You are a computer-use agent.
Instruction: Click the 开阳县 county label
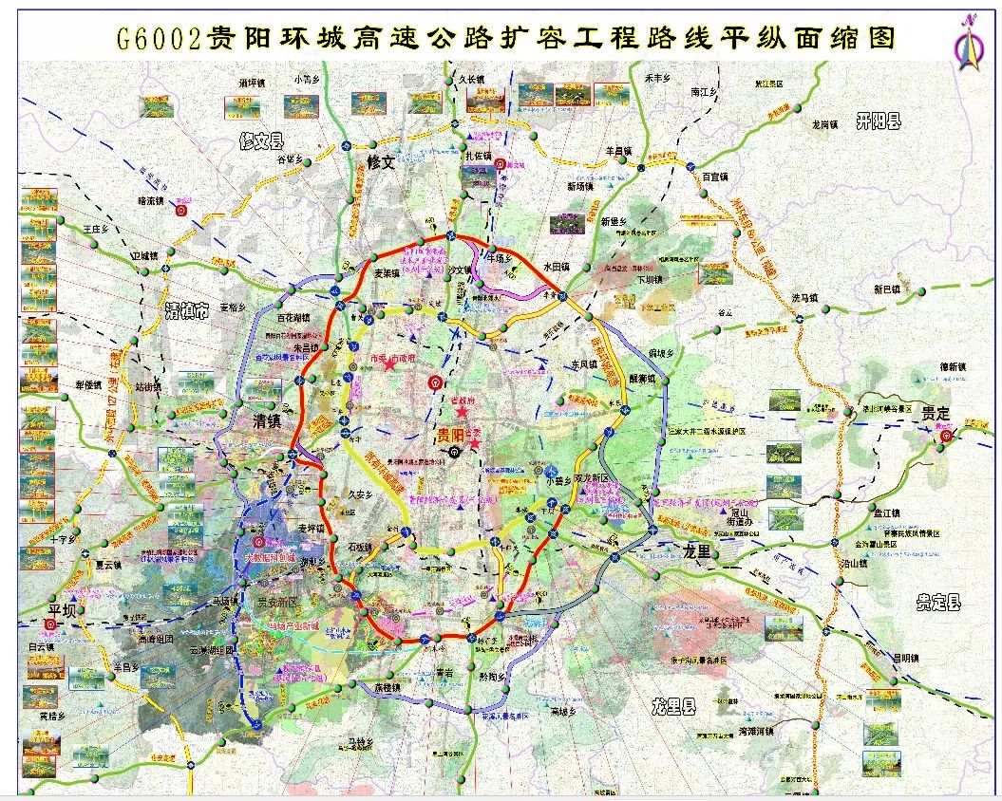click(878, 121)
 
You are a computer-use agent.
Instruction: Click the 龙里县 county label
click(673, 706)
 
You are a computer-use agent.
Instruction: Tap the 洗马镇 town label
click(808, 298)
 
